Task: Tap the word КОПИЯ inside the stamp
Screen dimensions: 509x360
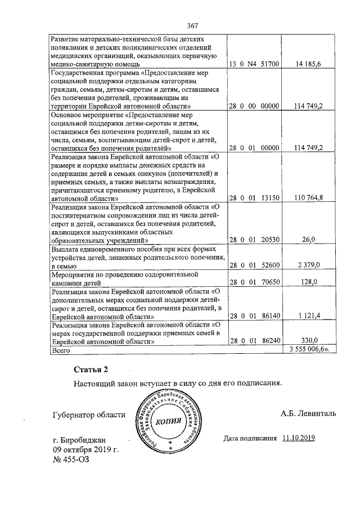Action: pyautogui.click(x=169, y=421)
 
